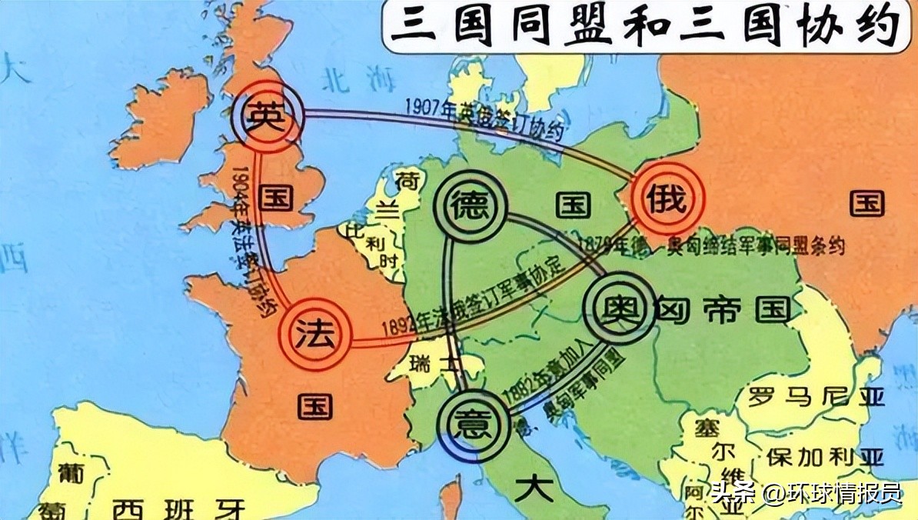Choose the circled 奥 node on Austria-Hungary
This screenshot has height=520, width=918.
point(617,308)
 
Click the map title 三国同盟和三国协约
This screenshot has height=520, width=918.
point(642,27)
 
